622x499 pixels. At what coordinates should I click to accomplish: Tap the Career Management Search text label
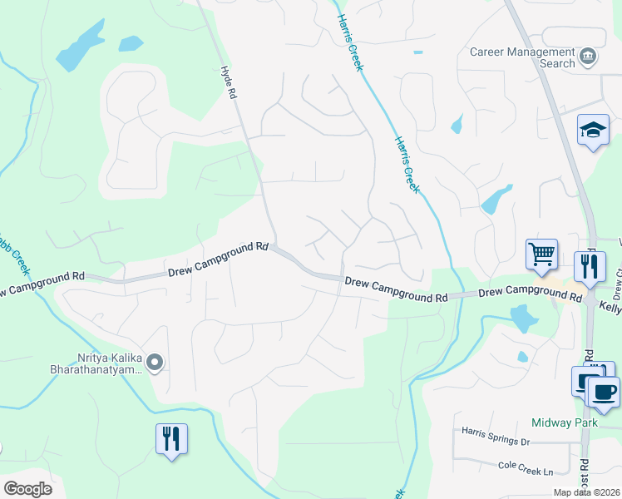pos(522,57)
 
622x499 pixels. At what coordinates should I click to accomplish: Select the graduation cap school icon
pos(593,131)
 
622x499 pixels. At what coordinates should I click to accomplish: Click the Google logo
pos(27,488)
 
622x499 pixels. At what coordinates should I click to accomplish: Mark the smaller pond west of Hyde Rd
pos(131,42)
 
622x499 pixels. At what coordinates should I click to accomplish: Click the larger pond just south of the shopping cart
pos(522,318)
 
